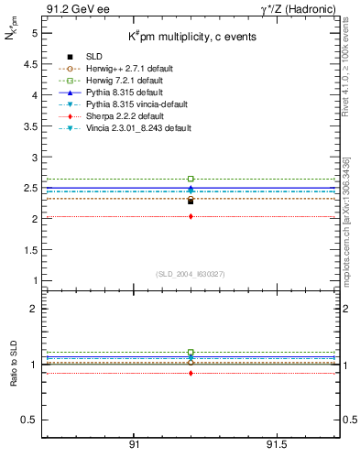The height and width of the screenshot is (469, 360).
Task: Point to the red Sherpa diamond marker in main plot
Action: pos(191,216)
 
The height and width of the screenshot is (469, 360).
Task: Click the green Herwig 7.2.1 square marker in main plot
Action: pos(191,179)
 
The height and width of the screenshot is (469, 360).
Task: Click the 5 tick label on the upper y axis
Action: pos(34,33)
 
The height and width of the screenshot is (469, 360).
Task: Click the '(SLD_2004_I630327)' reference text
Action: pos(190,274)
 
